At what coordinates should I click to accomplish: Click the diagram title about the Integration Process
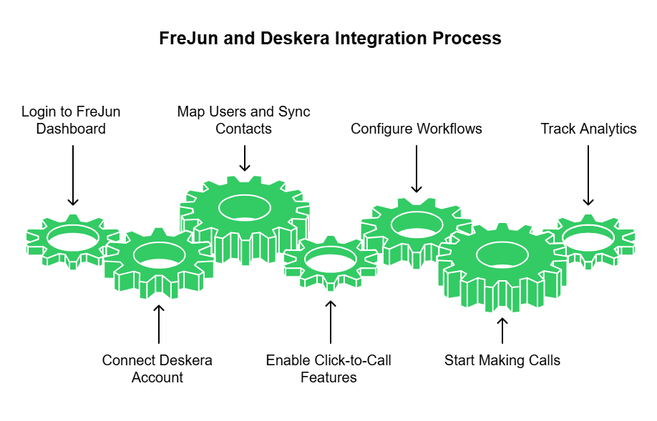tap(330, 39)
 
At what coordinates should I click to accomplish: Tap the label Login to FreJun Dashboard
tap(71, 120)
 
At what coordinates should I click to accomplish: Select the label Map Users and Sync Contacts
tap(244, 120)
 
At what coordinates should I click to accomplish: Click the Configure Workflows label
tap(416, 129)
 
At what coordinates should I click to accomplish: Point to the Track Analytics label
tap(588, 129)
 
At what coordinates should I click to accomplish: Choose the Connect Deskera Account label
tap(157, 368)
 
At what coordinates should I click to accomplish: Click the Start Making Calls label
tap(502, 360)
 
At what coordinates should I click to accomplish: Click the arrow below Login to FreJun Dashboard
tap(72, 174)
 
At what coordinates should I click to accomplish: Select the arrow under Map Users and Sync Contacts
tap(245, 158)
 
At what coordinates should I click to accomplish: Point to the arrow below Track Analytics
tap(588, 175)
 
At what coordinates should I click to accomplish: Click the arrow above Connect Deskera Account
tap(159, 324)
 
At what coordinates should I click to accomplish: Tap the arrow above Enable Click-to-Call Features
tap(331, 321)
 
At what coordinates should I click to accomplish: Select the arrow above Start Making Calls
tap(502, 331)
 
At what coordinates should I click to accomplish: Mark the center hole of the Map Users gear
tap(244, 207)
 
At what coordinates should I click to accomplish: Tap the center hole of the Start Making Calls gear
tap(502, 255)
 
